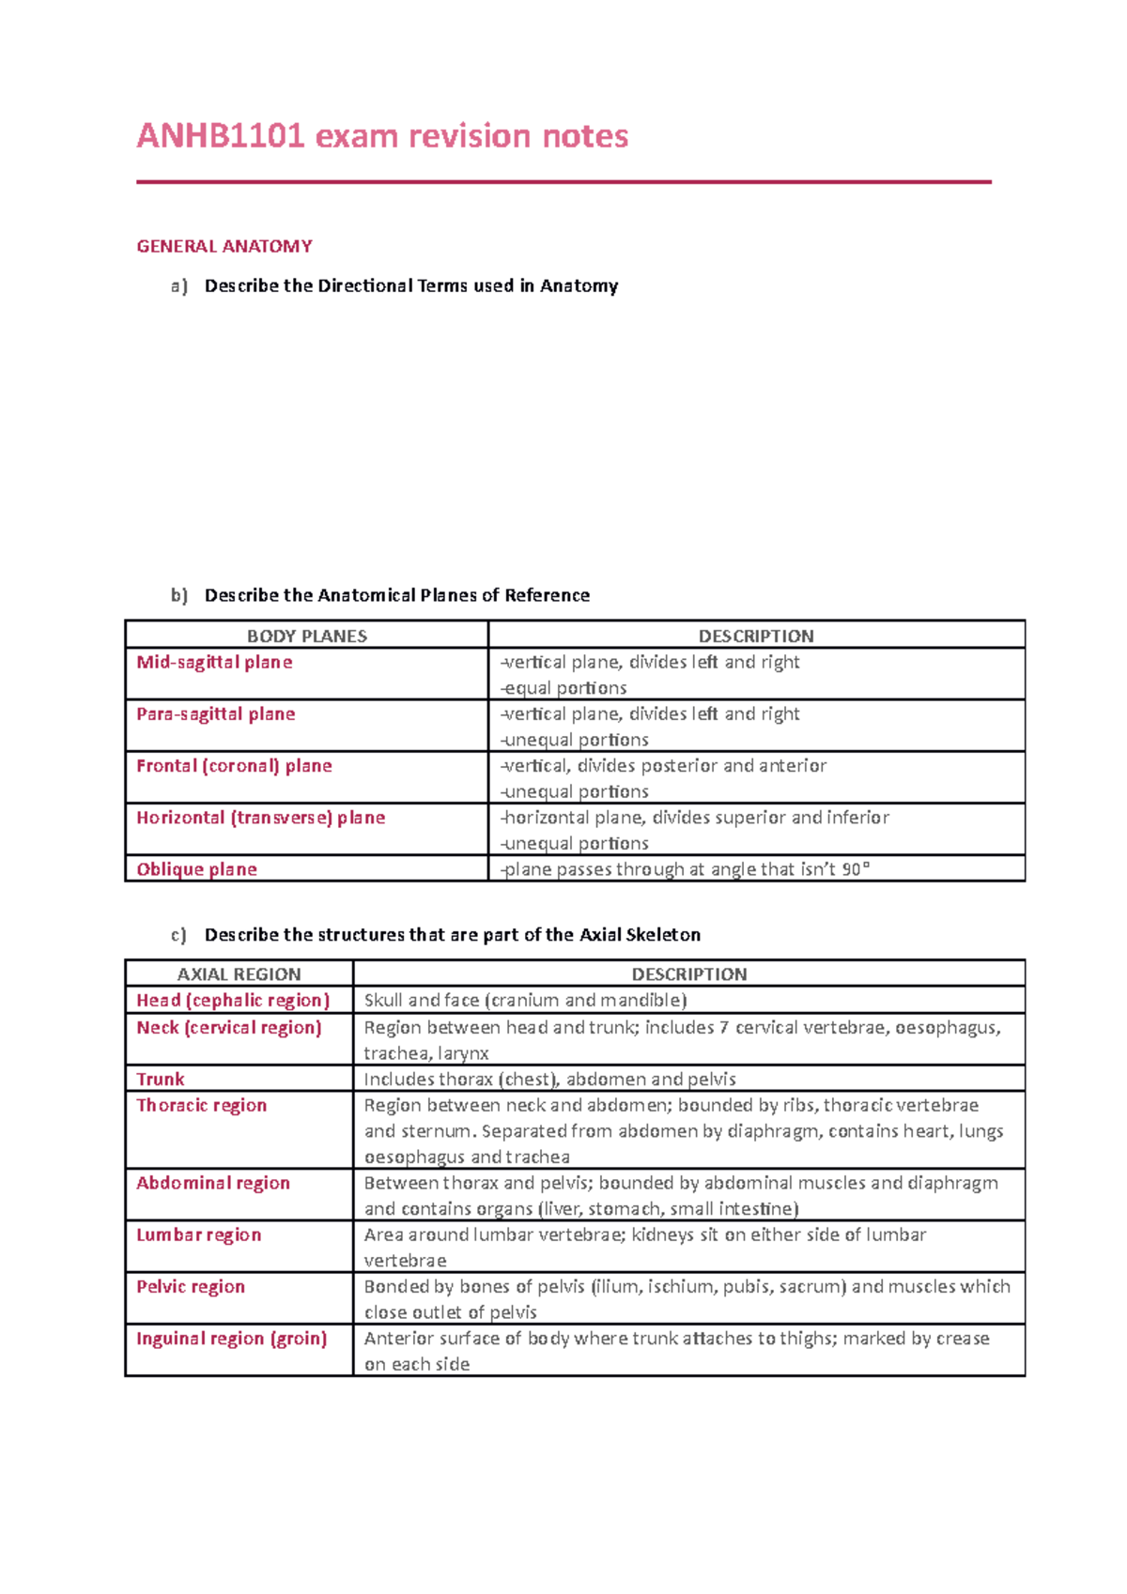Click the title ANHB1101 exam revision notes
tap(382, 136)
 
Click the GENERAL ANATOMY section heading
tap(224, 247)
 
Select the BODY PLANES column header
tap(306, 636)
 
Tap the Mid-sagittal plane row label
tap(214, 662)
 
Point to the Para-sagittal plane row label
tap(216, 713)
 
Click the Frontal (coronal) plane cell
tap(234, 765)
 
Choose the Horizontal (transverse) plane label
tap(260, 817)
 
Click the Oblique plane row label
tap(196, 869)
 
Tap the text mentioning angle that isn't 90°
tap(686, 869)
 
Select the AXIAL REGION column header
tap(239, 974)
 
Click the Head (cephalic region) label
tap(233, 1000)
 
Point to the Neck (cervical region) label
tap(229, 1027)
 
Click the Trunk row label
tap(161, 1079)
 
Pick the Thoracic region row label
tap(201, 1105)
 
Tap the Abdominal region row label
tap(213, 1183)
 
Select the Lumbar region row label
tap(198, 1234)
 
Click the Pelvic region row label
tap(191, 1286)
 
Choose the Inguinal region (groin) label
tap(232, 1338)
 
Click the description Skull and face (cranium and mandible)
tap(525, 1000)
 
